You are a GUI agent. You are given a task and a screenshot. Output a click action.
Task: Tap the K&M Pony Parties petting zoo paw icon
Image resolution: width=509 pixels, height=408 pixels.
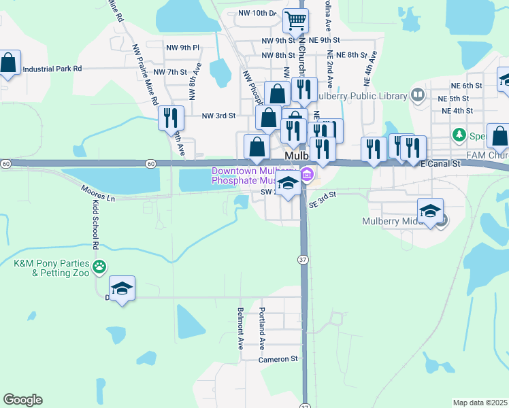click(100, 266)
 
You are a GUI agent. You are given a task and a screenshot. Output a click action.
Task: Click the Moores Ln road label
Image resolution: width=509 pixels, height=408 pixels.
click(97, 193)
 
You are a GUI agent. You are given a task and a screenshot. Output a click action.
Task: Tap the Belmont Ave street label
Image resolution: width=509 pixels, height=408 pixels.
click(240, 328)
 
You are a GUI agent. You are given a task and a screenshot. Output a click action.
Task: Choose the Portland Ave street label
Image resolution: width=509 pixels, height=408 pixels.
click(261, 328)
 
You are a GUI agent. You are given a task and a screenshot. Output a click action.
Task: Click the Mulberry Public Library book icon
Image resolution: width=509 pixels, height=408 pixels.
click(418, 96)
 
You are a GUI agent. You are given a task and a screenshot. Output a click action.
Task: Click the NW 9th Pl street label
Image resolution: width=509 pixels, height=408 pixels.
click(182, 48)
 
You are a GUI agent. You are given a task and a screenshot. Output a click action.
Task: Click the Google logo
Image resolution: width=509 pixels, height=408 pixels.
click(22, 400)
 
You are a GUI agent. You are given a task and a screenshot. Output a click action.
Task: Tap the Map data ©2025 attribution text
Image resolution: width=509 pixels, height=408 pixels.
click(480, 403)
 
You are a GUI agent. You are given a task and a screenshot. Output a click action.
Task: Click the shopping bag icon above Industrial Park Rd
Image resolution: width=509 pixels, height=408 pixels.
click(8, 63)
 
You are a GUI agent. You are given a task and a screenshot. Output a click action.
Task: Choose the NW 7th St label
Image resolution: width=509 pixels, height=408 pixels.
click(170, 72)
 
